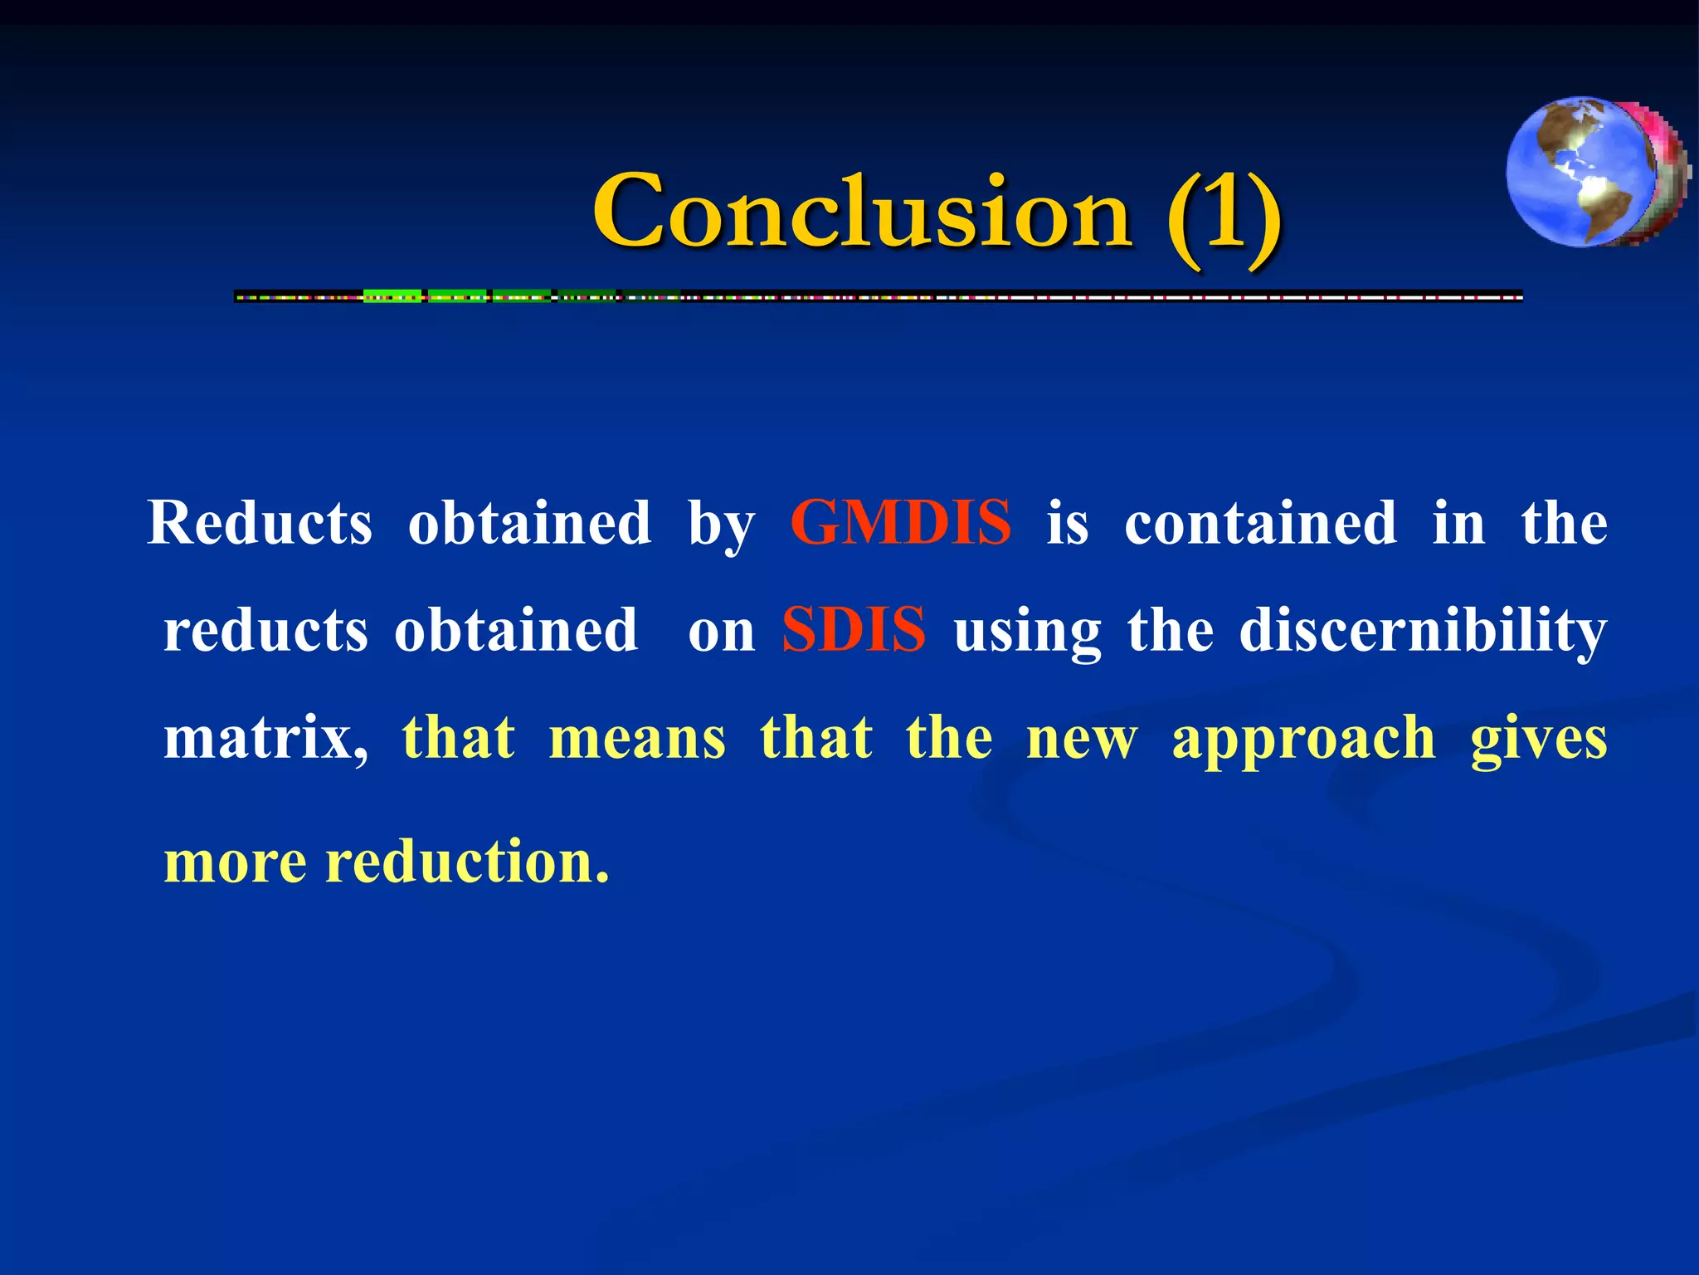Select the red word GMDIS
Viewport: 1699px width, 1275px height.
coord(900,523)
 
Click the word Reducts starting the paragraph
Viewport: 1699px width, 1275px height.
coord(260,523)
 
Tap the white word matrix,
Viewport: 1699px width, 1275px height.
coord(265,738)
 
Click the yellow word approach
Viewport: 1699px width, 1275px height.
coord(1303,738)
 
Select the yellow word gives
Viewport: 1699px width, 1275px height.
coord(1538,738)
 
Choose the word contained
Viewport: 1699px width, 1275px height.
coord(1260,523)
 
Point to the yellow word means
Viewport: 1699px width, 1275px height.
coord(637,738)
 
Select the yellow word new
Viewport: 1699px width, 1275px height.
coord(1082,740)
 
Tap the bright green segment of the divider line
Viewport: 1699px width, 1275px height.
coord(392,296)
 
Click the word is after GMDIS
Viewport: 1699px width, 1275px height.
coord(1067,523)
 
